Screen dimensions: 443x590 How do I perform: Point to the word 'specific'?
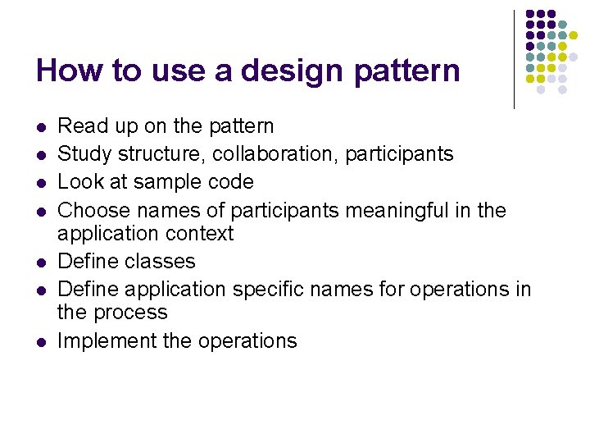click(269, 290)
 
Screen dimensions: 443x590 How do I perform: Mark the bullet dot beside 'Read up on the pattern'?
click(40, 127)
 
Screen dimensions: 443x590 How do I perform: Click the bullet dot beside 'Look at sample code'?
click(40, 182)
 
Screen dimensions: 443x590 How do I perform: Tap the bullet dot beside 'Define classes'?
click(40, 263)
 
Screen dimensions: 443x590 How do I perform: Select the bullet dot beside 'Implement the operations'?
click(40, 341)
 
